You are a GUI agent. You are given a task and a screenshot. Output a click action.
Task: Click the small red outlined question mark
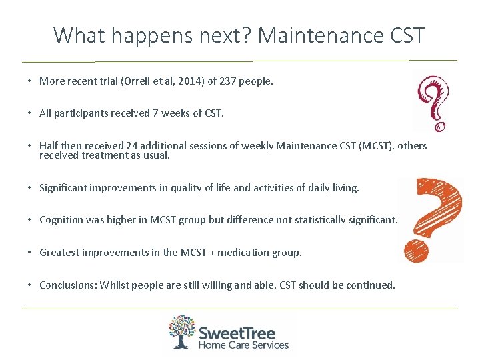click(x=432, y=102)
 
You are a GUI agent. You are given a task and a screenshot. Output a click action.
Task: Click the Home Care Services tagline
click(x=243, y=345)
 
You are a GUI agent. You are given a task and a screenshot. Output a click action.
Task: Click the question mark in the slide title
click(x=247, y=35)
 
